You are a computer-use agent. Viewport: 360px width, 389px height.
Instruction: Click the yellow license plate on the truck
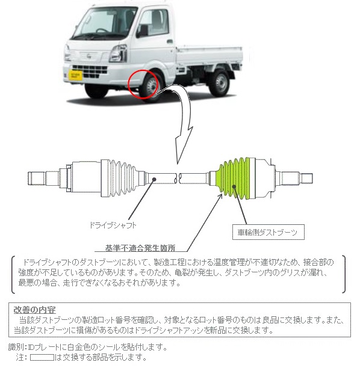tap(75, 75)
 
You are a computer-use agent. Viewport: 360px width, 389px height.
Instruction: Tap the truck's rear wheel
tap(219, 84)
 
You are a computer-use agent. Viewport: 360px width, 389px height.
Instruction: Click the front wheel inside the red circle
tap(150, 87)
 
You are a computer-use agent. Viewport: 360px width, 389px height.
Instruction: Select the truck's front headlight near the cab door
tap(119, 53)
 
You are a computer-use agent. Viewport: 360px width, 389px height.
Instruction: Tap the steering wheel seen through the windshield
tap(102, 31)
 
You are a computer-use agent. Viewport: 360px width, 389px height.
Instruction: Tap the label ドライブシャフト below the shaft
tap(113, 225)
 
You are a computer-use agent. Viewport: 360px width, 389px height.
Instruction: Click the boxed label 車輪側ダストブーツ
tap(268, 232)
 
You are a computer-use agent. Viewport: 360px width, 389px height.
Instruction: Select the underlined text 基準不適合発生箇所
tap(140, 248)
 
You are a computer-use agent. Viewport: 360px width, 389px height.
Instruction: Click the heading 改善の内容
tap(34, 310)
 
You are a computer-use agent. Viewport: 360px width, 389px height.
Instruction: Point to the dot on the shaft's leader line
tap(154, 179)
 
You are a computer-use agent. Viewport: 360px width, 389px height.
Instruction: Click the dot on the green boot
tap(234, 186)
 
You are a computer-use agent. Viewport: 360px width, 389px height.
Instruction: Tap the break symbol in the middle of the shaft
tap(177, 178)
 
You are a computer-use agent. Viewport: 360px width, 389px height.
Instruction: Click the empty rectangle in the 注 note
tap(42, 358)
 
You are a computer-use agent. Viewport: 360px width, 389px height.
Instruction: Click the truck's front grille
tap(90, 72)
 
